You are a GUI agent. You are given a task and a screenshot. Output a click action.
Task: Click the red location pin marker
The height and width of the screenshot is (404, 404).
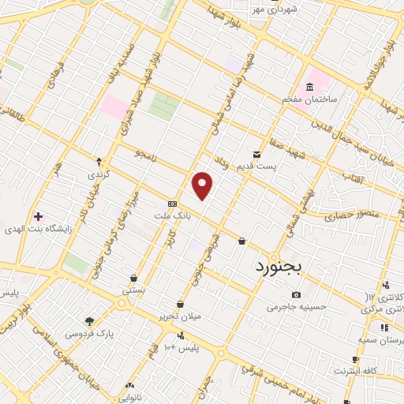click(x=203, y=185)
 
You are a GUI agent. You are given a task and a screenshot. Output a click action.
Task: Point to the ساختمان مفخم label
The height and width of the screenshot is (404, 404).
click(x=309, y=101)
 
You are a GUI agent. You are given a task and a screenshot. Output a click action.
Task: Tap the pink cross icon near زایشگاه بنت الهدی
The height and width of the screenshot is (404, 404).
click(x=37, y=215)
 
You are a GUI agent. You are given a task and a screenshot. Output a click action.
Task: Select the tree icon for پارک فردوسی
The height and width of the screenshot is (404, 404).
click(x=89, y=321)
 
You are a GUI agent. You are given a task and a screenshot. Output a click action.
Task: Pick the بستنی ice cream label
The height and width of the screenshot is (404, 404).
click(x=133, y=290)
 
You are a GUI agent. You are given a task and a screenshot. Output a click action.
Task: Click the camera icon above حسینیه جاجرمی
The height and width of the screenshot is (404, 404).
click(x=297, y=294)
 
